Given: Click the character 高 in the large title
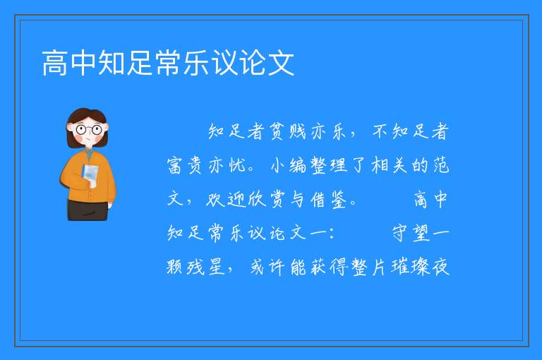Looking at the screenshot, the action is (55, 63).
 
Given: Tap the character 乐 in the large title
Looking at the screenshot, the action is (196, 63).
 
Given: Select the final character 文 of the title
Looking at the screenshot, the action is (281, 63).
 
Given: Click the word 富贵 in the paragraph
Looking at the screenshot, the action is (184, 165).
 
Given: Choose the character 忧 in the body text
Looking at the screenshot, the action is (238, 165).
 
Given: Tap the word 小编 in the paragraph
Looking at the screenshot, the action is (288, 165).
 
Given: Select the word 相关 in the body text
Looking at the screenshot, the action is (389, 165).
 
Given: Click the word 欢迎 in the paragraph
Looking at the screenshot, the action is (226, 200).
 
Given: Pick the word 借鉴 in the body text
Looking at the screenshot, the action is (328, 200).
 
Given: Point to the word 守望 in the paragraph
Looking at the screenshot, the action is (411, 233).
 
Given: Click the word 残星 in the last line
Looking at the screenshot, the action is (205, 267).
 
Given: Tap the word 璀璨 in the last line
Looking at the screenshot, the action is (410, 267).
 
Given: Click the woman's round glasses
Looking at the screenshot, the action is (89, 130).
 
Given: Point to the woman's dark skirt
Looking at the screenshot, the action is (88, 210).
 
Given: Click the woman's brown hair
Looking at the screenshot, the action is (86, 118).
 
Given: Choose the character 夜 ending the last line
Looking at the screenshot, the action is (440, 267).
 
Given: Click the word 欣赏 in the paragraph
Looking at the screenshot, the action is (266, 200).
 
